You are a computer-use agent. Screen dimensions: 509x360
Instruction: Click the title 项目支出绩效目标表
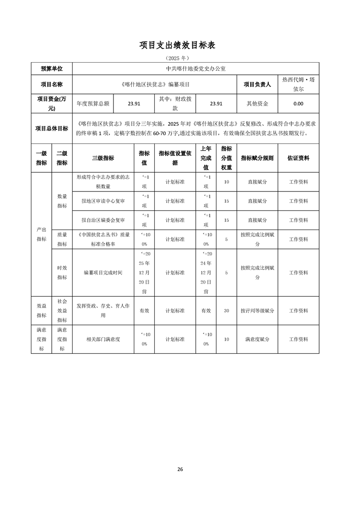180,45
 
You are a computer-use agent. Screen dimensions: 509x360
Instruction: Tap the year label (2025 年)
180,58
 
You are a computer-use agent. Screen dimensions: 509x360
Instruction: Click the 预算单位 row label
51,69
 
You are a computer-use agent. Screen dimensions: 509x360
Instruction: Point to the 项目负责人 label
257,84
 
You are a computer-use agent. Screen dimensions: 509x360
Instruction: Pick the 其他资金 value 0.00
298,103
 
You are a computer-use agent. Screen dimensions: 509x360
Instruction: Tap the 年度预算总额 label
93,103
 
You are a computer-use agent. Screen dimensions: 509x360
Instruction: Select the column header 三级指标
103,158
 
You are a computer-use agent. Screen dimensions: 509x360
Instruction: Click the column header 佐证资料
298,158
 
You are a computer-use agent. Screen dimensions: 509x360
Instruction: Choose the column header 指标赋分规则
257,158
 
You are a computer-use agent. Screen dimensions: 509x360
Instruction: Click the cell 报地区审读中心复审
103,201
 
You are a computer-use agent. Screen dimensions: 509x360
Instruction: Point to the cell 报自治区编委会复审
103,220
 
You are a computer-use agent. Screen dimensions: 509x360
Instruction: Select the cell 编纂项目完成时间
103,273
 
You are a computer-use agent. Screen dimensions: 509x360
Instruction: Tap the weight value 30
227,311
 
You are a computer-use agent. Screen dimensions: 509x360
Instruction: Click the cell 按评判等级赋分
257,311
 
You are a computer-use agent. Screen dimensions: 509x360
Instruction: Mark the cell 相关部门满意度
103,339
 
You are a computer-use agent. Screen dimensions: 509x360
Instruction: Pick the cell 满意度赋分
257,339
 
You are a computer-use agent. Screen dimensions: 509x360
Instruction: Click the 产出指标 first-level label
41,234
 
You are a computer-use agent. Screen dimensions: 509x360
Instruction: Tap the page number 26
180,469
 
